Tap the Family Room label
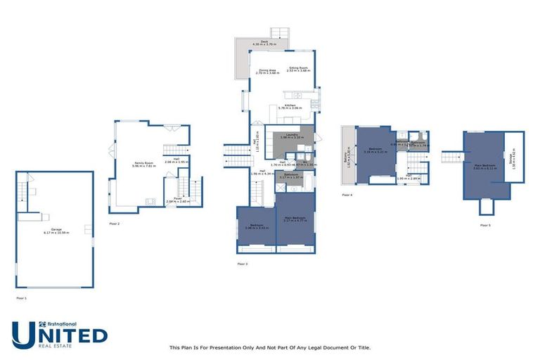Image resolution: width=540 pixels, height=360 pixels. click(x=143, y=165)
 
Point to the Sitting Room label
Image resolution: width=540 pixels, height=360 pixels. click(x=299, y=70)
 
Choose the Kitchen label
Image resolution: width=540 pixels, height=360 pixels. click(x=290, y=106)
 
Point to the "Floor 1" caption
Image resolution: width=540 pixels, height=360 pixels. click(x=21, y=299)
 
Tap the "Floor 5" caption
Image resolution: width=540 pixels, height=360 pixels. click(x=485, y=226)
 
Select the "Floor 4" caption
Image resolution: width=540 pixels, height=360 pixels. click(x=347, y=194)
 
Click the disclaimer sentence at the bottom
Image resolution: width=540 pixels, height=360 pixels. click(x=270, y=347)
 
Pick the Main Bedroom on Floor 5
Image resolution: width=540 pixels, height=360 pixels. click(x=484, y=167)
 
